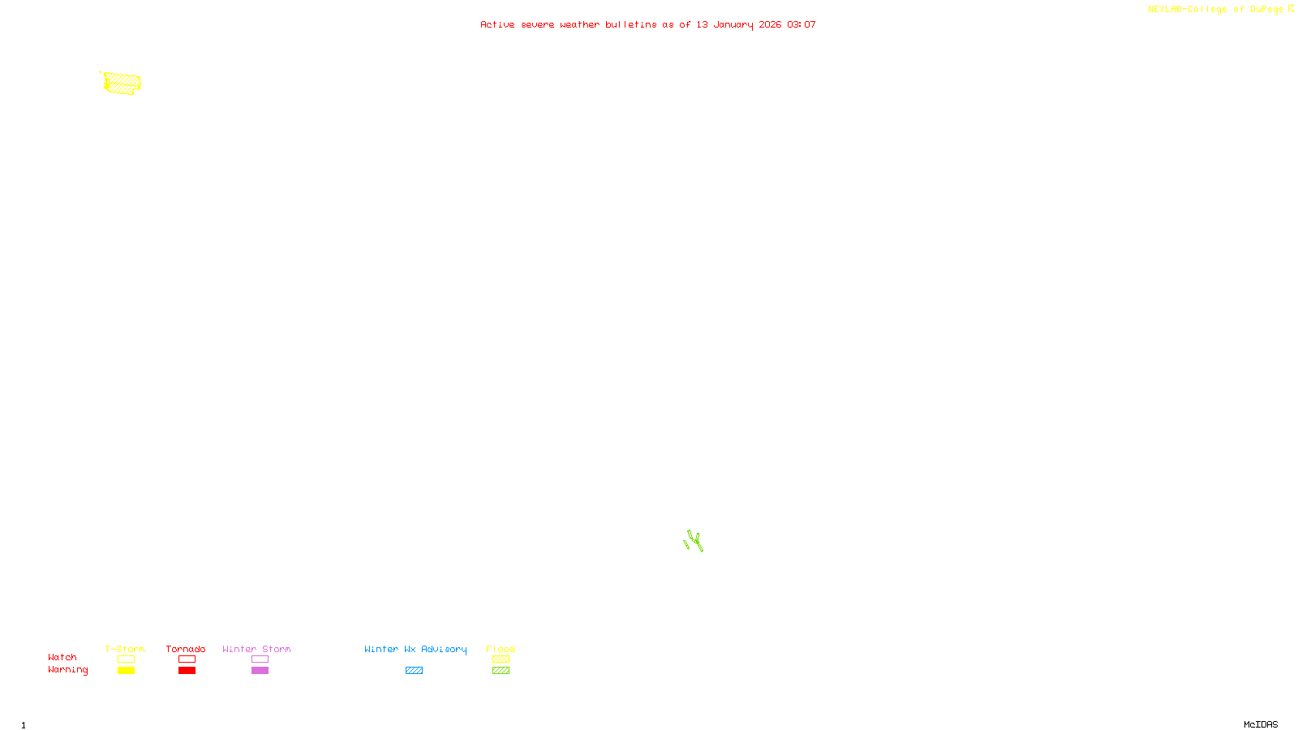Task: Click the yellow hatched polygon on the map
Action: tap(122, 83)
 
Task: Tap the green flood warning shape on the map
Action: tap(694, 541)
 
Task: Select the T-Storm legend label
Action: tap(125, 649)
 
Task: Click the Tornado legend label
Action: tap(186, 649)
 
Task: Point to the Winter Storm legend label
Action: tap(256, 649)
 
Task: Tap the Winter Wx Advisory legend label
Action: tap(415, 649)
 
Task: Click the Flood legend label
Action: tap(501, 649)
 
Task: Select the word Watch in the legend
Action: tap(62, 657)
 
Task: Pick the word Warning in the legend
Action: tap(67, 670)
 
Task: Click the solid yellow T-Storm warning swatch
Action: tap(126, 671)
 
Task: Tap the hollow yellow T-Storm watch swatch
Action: tap(126, 659)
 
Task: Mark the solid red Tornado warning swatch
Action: tap(187, 671)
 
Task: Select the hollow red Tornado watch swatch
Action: tap(187, 659)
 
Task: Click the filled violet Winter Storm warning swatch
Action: tap(260, 671)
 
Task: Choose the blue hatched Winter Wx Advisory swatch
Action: tap(414, 671)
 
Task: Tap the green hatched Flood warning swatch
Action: tap(501, 671)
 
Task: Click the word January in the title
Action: tap(733, 24)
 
